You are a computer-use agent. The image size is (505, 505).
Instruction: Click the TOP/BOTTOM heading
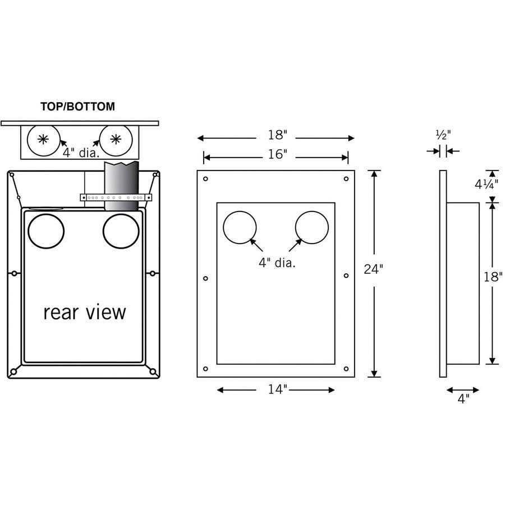(77, 107)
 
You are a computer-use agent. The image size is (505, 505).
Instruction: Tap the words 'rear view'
(85, 312)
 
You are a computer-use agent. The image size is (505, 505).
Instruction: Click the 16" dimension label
(276, 155)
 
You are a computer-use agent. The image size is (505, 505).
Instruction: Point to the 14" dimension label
(276, 390)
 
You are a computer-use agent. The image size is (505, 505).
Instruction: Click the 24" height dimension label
(373, 269)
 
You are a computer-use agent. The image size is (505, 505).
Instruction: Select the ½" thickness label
(443, 135)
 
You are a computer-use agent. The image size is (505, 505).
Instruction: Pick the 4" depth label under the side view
(463, 400)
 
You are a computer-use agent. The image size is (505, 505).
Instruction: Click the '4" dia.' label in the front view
(276, 262)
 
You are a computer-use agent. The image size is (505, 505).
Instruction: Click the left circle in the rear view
(46, 231)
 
